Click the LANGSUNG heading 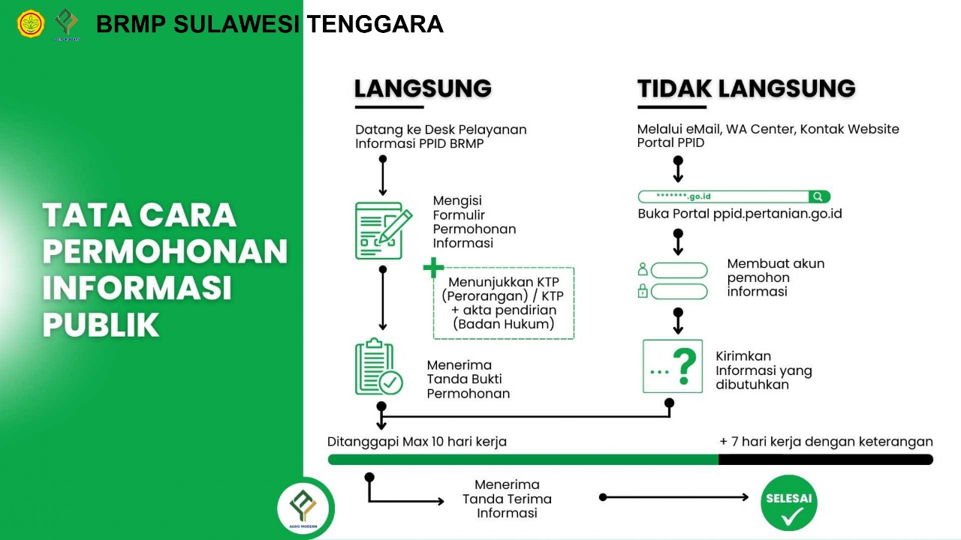(x=423, y=88)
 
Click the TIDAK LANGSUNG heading (x=746, y=88)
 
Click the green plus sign (x=433, y=268)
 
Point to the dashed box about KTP (x=503, y=303)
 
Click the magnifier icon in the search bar (x=818, y=196)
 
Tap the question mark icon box (x=672, y=367)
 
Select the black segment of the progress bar (x=825, y=460)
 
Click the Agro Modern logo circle (x=303, y=508)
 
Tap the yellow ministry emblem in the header (x=31, y=24)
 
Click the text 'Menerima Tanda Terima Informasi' (x=507, y=499)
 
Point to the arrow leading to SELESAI (x=676, y=497)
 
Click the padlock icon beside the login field (x=643, y=291)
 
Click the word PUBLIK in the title (x=101, y=325)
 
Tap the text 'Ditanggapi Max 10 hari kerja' (x=417, y=442)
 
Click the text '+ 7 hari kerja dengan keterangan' (x=826, y=442)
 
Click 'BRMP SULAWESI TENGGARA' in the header (x=270, y=25)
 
